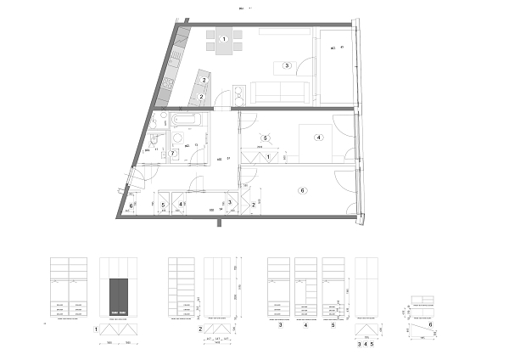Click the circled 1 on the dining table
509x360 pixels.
pos(224,40)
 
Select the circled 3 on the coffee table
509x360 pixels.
pos(288,65)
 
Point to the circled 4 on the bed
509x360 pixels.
pos(318,137)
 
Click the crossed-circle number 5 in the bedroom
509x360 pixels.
pos(266,138)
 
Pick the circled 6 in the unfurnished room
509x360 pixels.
pos(302,191)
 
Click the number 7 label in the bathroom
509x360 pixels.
pos(172,153)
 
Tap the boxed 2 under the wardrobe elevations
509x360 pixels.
pos(199,329)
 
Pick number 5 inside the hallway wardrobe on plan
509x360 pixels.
pos(164,205)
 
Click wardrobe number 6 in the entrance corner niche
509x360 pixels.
pos(131,205)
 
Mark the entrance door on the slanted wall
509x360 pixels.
pos(133,180)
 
